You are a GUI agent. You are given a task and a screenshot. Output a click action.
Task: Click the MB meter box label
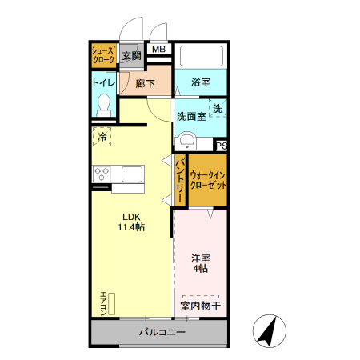coord(159,50)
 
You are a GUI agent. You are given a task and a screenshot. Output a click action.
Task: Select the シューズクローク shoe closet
coord(104,57)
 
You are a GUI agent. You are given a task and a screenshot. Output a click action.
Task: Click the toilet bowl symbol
coord(103,104)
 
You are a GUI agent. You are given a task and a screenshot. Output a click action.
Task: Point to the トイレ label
coord(104,82)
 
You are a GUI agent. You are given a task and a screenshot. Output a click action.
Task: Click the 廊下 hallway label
coord(145,83)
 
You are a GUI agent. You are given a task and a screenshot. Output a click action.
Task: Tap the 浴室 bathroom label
coord(201,82)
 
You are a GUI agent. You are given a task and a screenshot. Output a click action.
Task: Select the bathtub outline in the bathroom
coord(201,57)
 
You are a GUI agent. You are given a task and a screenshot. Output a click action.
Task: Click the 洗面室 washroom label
coord(191,115)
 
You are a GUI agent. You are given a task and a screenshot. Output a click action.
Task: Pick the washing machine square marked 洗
coord(216,108)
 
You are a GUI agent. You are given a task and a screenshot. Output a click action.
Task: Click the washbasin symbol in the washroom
coord(188,142)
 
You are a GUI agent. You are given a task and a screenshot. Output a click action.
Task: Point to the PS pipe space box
coord(222,146)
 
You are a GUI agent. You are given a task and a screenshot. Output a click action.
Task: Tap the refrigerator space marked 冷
coord(102,138)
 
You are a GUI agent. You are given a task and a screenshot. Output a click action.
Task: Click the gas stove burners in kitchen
coord(103,173)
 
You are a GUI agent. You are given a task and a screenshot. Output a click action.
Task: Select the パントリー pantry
coord(180,180)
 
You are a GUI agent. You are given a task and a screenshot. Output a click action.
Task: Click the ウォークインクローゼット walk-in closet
coord(208,179)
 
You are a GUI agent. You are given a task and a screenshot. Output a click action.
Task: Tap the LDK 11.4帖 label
coord(132,222)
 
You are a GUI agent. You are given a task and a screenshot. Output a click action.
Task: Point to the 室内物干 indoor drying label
coord(200,305)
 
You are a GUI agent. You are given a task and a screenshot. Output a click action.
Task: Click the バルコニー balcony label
coord(162,332)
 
